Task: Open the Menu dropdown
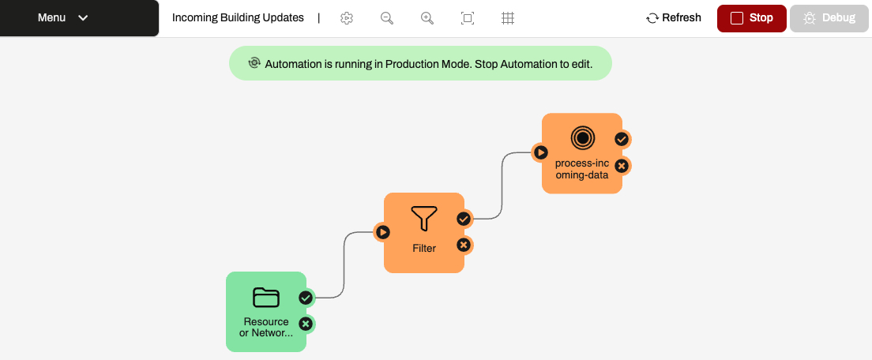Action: pos(63,18)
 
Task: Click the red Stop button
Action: pos(751,18)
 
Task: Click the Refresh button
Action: pos(674,18)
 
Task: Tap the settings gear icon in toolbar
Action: pos(347,18)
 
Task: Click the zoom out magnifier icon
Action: pos(387,18)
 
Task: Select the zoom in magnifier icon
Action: pos(427,18)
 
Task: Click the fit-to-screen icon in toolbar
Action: pos(468,18)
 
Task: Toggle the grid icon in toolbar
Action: pos(508,18)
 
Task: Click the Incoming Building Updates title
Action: pos(238,18)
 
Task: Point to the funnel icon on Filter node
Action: pos(424,219)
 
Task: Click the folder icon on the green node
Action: pos(266,297)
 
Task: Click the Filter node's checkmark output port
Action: pos(464,219)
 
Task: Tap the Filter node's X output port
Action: pos(464,245)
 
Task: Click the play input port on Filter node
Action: pos(382,232)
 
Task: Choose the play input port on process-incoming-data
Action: pos(540,152)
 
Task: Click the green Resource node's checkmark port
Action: pos(306,298)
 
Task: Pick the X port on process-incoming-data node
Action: pos(622,166)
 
